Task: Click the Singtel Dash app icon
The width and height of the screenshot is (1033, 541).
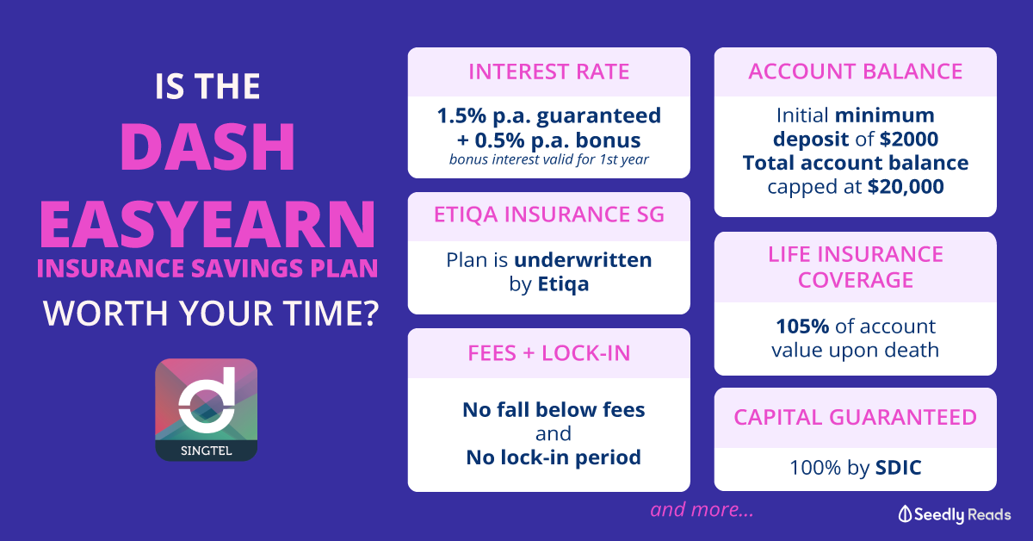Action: [206, 409]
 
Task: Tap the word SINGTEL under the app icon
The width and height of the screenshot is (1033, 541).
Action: [206, 451]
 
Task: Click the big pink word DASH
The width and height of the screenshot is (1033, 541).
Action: [207, 147]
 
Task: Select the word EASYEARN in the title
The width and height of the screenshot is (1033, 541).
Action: [207, 224]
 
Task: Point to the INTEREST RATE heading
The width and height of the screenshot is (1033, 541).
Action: [549, 72]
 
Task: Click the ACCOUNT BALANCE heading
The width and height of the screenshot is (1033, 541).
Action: [856, 72]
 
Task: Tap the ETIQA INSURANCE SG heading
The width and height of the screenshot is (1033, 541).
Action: [549, 215]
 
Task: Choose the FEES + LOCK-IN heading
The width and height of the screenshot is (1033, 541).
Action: [549, 353]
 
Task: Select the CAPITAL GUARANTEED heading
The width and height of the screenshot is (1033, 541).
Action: [856, 417]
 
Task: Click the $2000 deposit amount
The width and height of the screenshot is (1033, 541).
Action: [908, 139]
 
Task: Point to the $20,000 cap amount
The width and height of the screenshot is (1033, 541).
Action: [906, 186]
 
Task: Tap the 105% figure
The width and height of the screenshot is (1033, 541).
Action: [802, 326]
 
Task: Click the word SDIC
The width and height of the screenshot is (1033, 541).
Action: [898, 468]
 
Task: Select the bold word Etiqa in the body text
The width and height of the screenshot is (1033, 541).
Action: [563, 284]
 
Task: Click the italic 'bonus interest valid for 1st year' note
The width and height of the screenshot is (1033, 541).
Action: [549, 159]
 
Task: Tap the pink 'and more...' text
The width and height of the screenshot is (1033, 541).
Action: [702, 510]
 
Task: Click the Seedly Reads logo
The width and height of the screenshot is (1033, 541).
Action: [955, 514]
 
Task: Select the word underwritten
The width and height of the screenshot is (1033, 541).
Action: [583, 260]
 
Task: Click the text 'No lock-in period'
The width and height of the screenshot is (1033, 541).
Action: [554, 457]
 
